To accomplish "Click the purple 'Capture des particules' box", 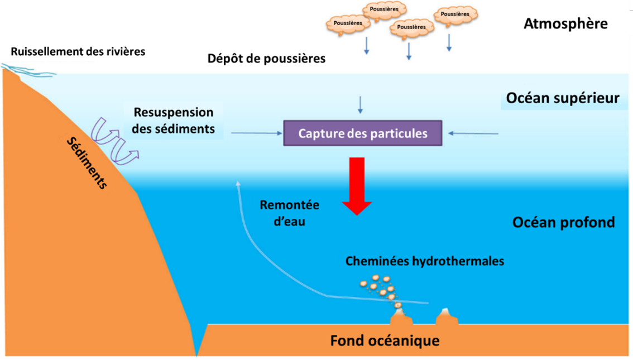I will (363, 133).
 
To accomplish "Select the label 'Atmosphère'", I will (565, 24).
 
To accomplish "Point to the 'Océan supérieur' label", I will (563, 98).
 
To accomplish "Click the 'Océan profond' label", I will (564, 223).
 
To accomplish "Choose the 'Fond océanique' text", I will (385, 340).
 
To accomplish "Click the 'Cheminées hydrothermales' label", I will (424, 261).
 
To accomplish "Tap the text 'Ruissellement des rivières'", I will (78, 51).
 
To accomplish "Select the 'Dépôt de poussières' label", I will (266, 58).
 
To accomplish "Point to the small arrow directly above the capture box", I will (360, 104).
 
